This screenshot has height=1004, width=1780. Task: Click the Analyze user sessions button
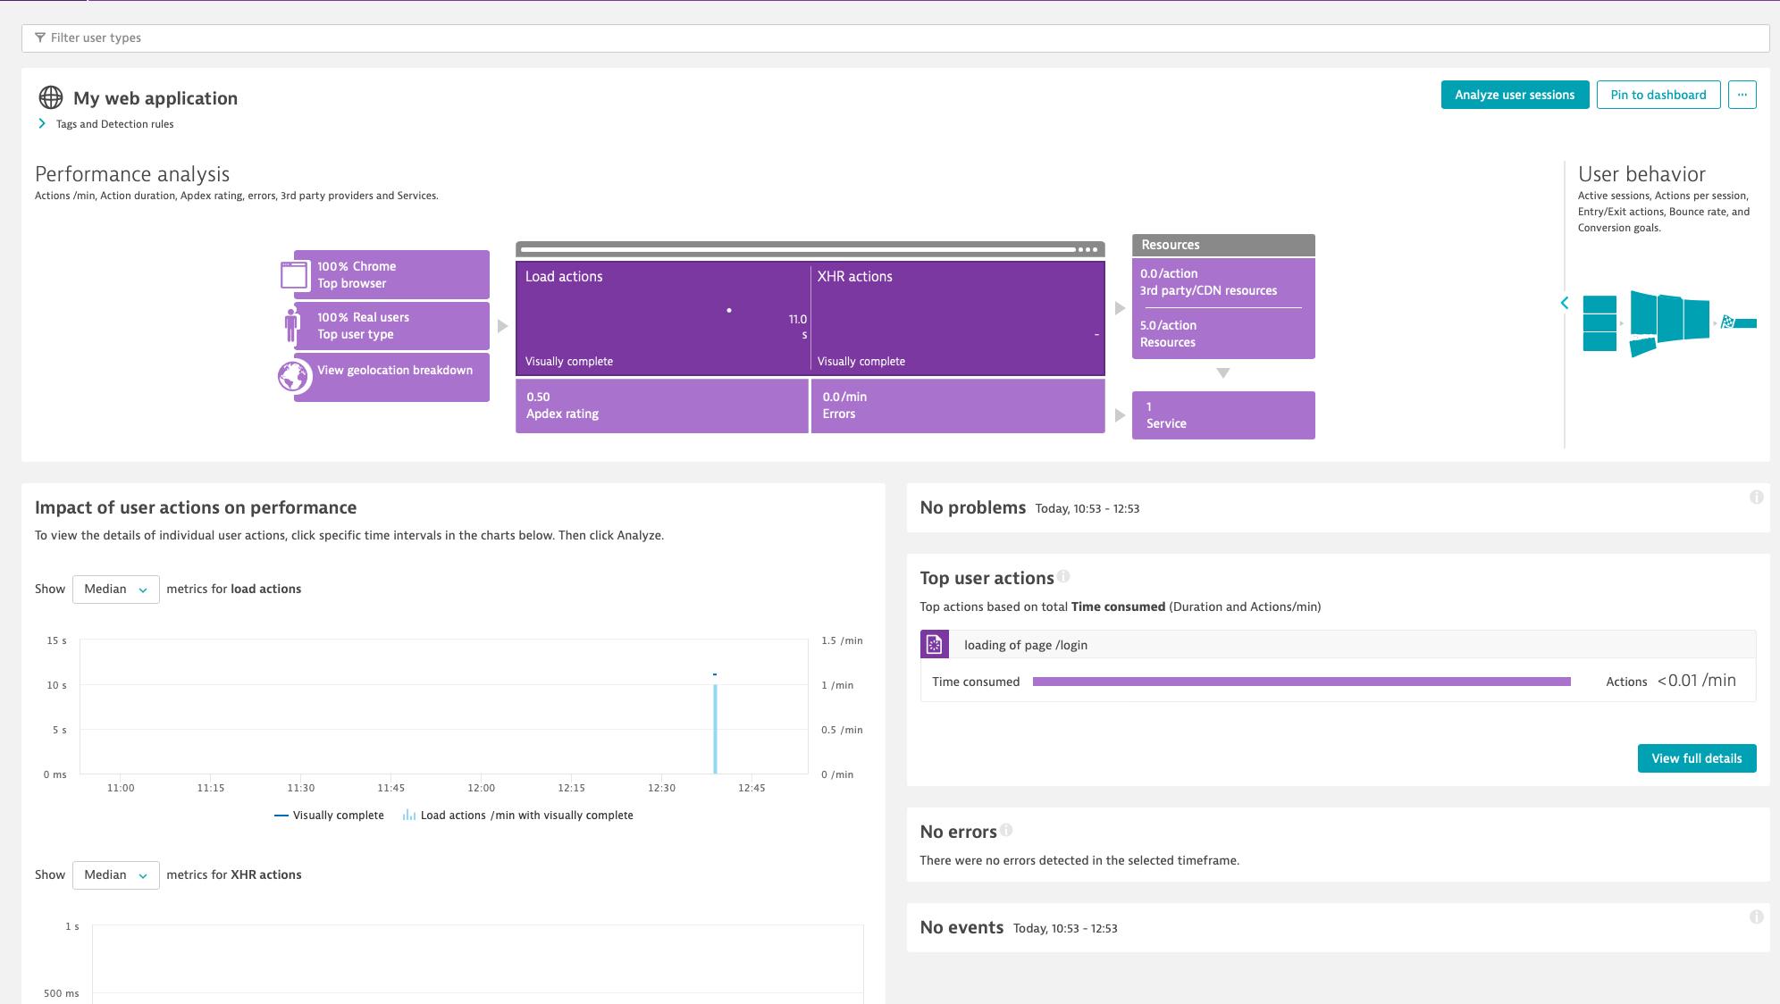point(1515,95)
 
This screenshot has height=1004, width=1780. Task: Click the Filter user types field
point(894,38)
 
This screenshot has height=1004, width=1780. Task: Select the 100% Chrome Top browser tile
point(391,274)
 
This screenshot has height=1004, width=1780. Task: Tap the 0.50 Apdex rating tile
point(661,406)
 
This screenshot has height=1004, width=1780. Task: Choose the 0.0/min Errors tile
point(957,406)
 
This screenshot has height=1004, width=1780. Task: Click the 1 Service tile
point(1222,415)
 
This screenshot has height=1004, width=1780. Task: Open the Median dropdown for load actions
point(115,590)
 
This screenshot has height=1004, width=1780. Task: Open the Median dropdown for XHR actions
point(115,875)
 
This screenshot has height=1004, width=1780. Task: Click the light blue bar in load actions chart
point(715,728)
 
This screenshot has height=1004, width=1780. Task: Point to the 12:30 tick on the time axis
point(661,788)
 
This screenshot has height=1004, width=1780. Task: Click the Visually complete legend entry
point(329,816)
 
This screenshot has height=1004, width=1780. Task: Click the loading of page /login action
point(1025,645)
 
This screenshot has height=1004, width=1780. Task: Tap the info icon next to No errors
point(1006,830)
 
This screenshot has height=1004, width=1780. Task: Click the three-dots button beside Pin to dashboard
point(1742,95)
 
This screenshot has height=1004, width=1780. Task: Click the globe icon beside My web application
point(51,97)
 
